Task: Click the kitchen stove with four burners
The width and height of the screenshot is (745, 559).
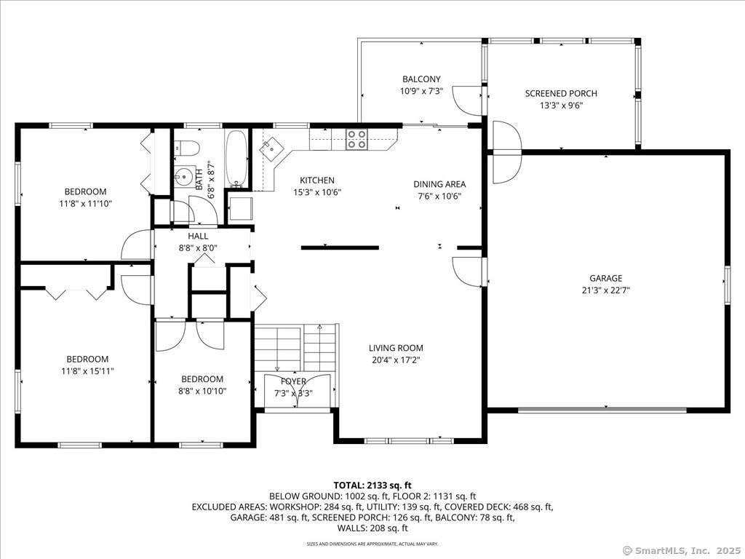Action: click(356, 138)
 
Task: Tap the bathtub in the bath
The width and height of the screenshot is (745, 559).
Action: click(236, 158)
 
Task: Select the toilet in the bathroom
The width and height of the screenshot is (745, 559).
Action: click(187, 148)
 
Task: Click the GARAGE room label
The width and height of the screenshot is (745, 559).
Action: click(606, 278)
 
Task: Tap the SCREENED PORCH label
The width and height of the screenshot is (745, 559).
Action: click(561, 94)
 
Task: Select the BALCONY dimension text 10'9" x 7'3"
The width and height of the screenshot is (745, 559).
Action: click(422, 90)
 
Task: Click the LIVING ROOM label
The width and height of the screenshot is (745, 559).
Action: click(396, 348)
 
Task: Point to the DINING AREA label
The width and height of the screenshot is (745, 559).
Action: click(439, 184)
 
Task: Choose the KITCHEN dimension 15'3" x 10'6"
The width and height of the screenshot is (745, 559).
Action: click(317, 192)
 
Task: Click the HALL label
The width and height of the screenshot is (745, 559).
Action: click(198, 236)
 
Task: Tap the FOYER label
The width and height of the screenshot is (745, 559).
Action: click(293, 381)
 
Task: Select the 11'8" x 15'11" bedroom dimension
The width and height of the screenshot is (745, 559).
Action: click(87, 370)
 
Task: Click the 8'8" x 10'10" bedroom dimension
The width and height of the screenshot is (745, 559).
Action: click(202, 391)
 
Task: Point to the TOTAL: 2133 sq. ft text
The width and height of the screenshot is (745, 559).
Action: click(372, 485)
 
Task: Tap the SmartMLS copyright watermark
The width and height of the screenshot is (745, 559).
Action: click(680, 550)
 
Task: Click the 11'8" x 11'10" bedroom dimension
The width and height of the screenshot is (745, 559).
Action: click(86, 204)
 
